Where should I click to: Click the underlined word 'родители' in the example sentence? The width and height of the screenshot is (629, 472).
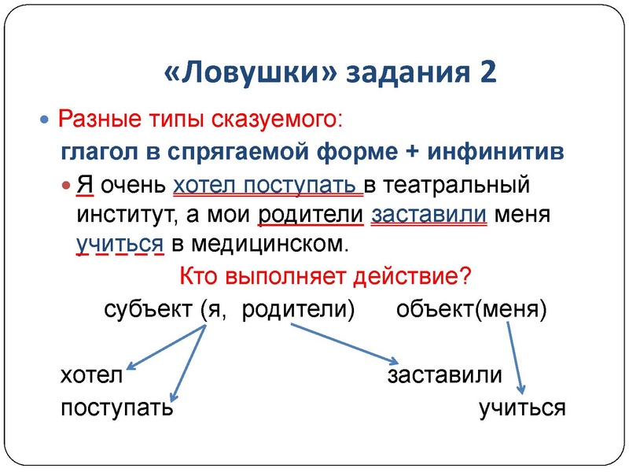pyautogui.click(x=310, y=214)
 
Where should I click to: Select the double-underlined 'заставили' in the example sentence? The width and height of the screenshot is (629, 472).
pyautogui.click(x=429, y=214)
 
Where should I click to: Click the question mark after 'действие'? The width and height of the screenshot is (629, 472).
pyautogui.click(x=465, y=277)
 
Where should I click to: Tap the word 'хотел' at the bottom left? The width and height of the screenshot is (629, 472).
pyautogui.click(x=92, y=375)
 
